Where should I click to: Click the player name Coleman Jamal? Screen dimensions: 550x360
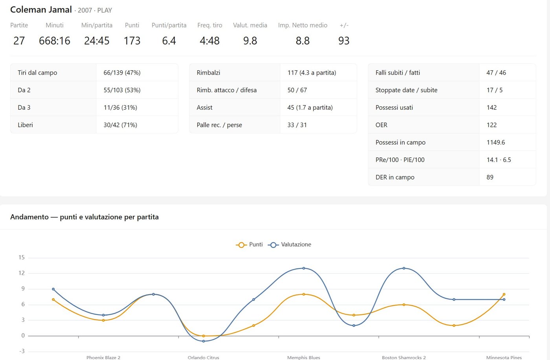pos(41,9)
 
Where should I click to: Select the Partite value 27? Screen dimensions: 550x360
pos(19,40)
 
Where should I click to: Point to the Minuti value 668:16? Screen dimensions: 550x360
pos(55,40)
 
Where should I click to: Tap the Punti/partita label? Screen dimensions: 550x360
pos(169,25)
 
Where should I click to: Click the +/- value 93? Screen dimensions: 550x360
pos(344,40)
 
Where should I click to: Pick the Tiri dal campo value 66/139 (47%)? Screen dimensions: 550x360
pos(122,72)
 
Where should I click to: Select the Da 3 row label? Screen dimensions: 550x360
pos(24,107)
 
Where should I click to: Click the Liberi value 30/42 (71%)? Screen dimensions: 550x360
pos(120,125)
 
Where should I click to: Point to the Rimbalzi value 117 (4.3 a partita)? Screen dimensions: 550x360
pos(312,72)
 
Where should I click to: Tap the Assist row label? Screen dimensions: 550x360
pos(205,107)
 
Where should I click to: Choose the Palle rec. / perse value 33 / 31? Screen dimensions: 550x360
pos(297,125)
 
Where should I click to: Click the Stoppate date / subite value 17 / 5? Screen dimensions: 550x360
pos(495,90)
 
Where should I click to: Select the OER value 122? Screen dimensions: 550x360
pos(491,125)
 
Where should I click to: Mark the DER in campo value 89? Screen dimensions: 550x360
pos(490,177)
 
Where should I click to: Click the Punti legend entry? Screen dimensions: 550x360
pos(249,244)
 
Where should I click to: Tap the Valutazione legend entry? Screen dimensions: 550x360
pos(290,244)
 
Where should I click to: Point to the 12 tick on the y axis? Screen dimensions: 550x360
pos(22,273)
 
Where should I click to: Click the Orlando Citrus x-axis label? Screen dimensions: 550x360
pos(203,357)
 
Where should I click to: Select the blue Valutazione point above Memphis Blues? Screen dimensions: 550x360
pos(304,268)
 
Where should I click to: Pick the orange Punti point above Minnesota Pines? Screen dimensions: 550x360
pos(504,294)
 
